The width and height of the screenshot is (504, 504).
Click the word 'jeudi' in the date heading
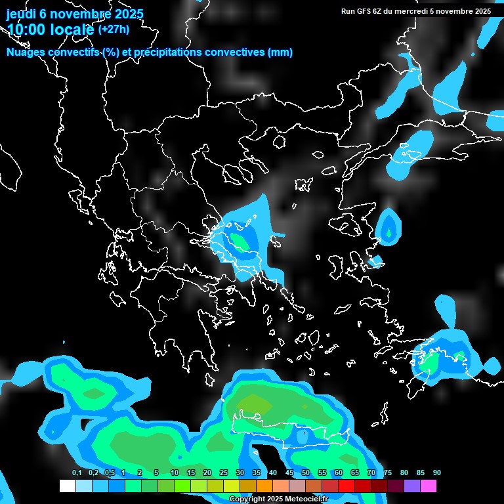coord(23,14)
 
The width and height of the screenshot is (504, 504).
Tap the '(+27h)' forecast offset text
coord(114,29)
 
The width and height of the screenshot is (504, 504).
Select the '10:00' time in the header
coord(28,30)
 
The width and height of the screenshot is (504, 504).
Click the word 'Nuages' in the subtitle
coord(26,52)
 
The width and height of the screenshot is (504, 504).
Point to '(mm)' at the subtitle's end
coord(280,52)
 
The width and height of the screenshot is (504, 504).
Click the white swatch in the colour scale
coord(67,486)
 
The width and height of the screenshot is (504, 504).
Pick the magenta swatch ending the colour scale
coord(429,486)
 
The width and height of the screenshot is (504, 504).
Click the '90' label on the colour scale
coord(436,473)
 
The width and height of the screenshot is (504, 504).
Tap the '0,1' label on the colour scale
coord(77,473)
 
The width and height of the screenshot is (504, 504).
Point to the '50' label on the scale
coord(306,473)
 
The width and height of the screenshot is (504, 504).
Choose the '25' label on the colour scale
coord(224,473)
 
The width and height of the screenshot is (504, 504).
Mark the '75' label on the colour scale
coord(387,473)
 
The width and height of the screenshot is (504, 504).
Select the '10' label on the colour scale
coord(175,473)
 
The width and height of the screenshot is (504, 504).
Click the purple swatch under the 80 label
coord(412,486)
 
